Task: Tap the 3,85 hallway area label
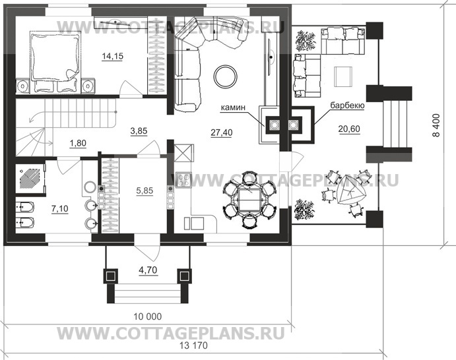[x=139, y=131]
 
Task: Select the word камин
[x=235, y=105]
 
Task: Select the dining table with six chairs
[x=249, y=197]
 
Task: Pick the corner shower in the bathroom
[x=30, y=179]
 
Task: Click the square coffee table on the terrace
[x=342, y=73]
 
